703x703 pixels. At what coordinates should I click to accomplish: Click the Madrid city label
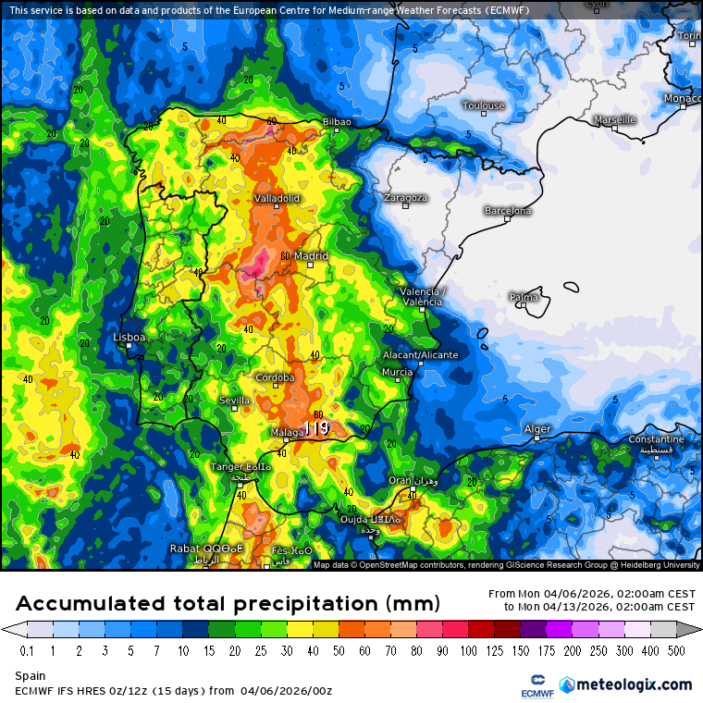coord(311,256)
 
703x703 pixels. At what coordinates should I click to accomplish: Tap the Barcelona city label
coord(508,211)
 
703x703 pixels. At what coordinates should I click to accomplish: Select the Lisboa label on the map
coord(129,338)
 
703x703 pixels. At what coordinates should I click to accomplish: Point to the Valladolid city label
coord(277,198)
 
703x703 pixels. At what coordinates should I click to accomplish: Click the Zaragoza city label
coord(405,198)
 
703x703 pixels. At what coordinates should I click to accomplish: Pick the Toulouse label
coord(483,105)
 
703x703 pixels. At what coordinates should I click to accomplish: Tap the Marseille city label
coord(614,119)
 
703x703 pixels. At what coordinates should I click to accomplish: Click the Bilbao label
coord(336,122)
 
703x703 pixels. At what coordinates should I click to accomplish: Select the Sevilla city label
coord(234,400)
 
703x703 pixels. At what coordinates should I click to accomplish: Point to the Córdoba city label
coord(276,377)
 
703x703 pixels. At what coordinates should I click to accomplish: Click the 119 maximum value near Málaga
coord(316,428)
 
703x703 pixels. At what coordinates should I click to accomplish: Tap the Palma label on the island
coord(524,297)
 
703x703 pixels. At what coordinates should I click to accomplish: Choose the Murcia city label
coord(397,372)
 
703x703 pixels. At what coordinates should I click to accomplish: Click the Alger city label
coord(537,429)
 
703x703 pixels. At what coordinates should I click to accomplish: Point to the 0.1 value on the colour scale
coord(28,651)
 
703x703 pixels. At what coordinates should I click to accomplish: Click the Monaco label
coord(682,99)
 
